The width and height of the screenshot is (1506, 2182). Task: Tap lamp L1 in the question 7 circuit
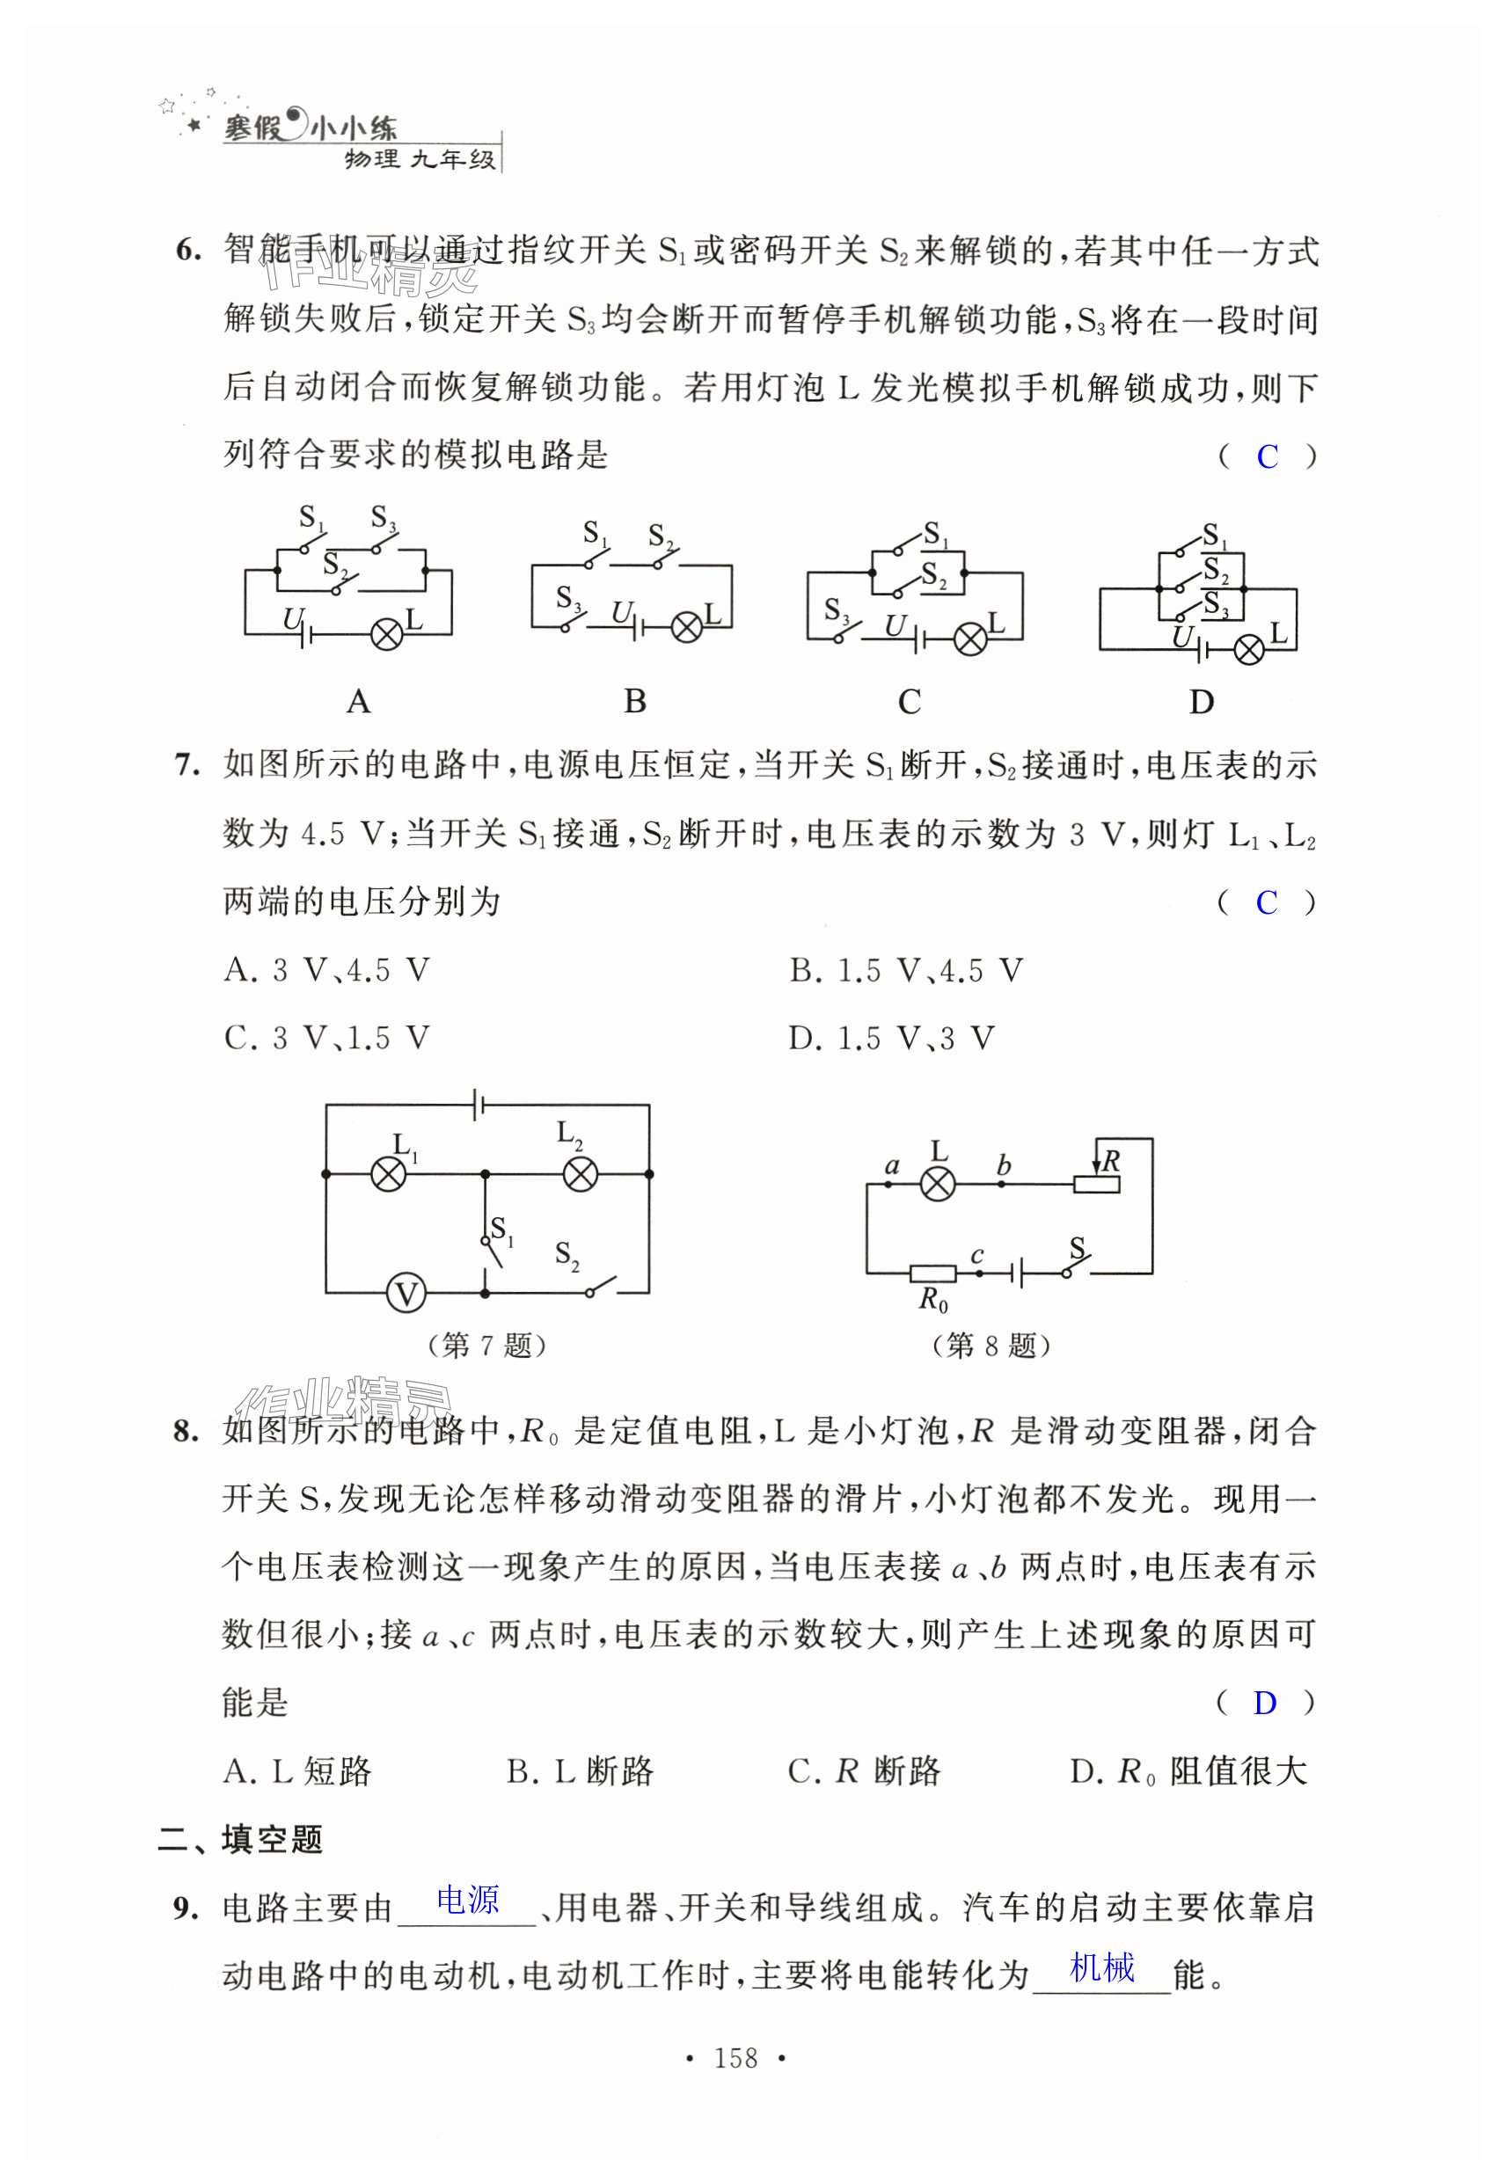pyautogui.click(x=389, y=1174)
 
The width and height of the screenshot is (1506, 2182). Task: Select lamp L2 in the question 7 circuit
pyautogui.click(x=580, y=1174)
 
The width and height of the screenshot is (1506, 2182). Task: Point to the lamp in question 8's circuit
pyautogui.click(x=937, y=1184)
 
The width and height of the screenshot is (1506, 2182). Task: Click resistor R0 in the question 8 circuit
pyautogui.click(x=932, y=1274)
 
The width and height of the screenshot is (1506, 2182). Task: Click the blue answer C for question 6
pyautogui.click(x=1267, y=457)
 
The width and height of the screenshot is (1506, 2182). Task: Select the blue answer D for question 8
pyautogui.click(x=1264, y=1703)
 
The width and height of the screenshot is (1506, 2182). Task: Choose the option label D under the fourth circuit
pyautogui.click(x=1202, y=702)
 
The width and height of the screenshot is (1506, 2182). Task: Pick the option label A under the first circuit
pyautogui.click(x=359, y=702)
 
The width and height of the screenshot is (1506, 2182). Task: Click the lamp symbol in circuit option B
pyautogui.click(x=686, y=627)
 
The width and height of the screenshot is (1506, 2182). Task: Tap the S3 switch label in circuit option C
pyautogui.click(x=836, y=609)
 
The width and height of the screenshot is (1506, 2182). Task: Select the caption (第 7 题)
pyautogui.click(x=487, y=1345)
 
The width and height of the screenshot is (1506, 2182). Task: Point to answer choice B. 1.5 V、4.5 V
pyautogui.click(x=906, y=971)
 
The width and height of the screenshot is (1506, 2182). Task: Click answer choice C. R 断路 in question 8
pyautogui.click(x=865, y=1771)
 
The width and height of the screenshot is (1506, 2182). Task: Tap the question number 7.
pyautogui.click(x=186, y=765)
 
